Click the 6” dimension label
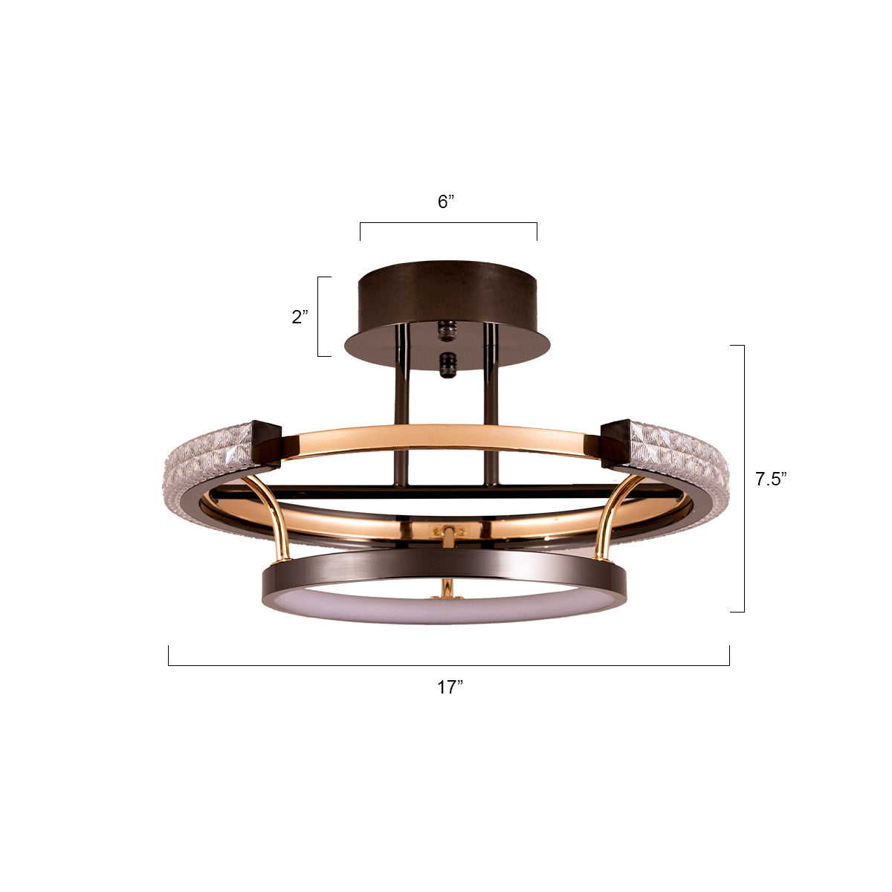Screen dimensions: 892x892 pos(445,202)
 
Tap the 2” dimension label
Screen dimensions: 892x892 pos(300,317)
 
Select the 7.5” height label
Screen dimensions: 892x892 pos(771,479)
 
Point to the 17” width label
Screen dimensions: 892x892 pos(450,688)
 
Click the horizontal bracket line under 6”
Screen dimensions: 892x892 pos(448,222)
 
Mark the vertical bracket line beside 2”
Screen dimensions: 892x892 pos(318,317)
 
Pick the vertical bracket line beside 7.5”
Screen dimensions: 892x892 pos(744,479)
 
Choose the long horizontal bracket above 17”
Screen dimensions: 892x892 pos(448,665)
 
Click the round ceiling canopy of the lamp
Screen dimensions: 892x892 pos(446,297)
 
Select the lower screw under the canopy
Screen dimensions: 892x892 pos(447,365)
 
